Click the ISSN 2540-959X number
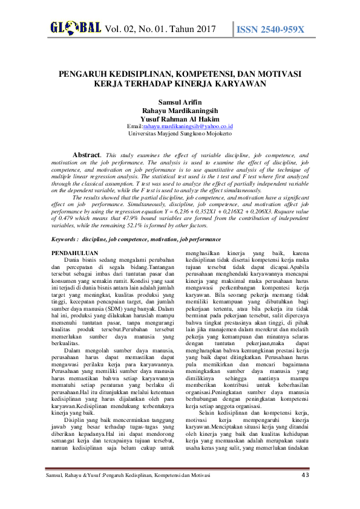point(270,29)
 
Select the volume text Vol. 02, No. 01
point(139,29)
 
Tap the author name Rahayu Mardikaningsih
point(180,111)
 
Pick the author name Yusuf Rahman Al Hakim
point(180,118)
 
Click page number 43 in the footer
point(304,475)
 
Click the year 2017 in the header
point(206,29)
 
